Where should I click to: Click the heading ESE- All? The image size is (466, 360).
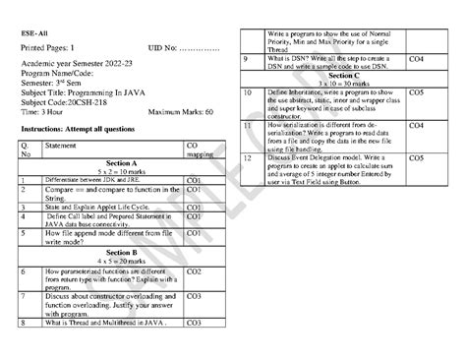coord(33,30)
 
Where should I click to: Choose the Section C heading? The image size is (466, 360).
coord(343,75)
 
